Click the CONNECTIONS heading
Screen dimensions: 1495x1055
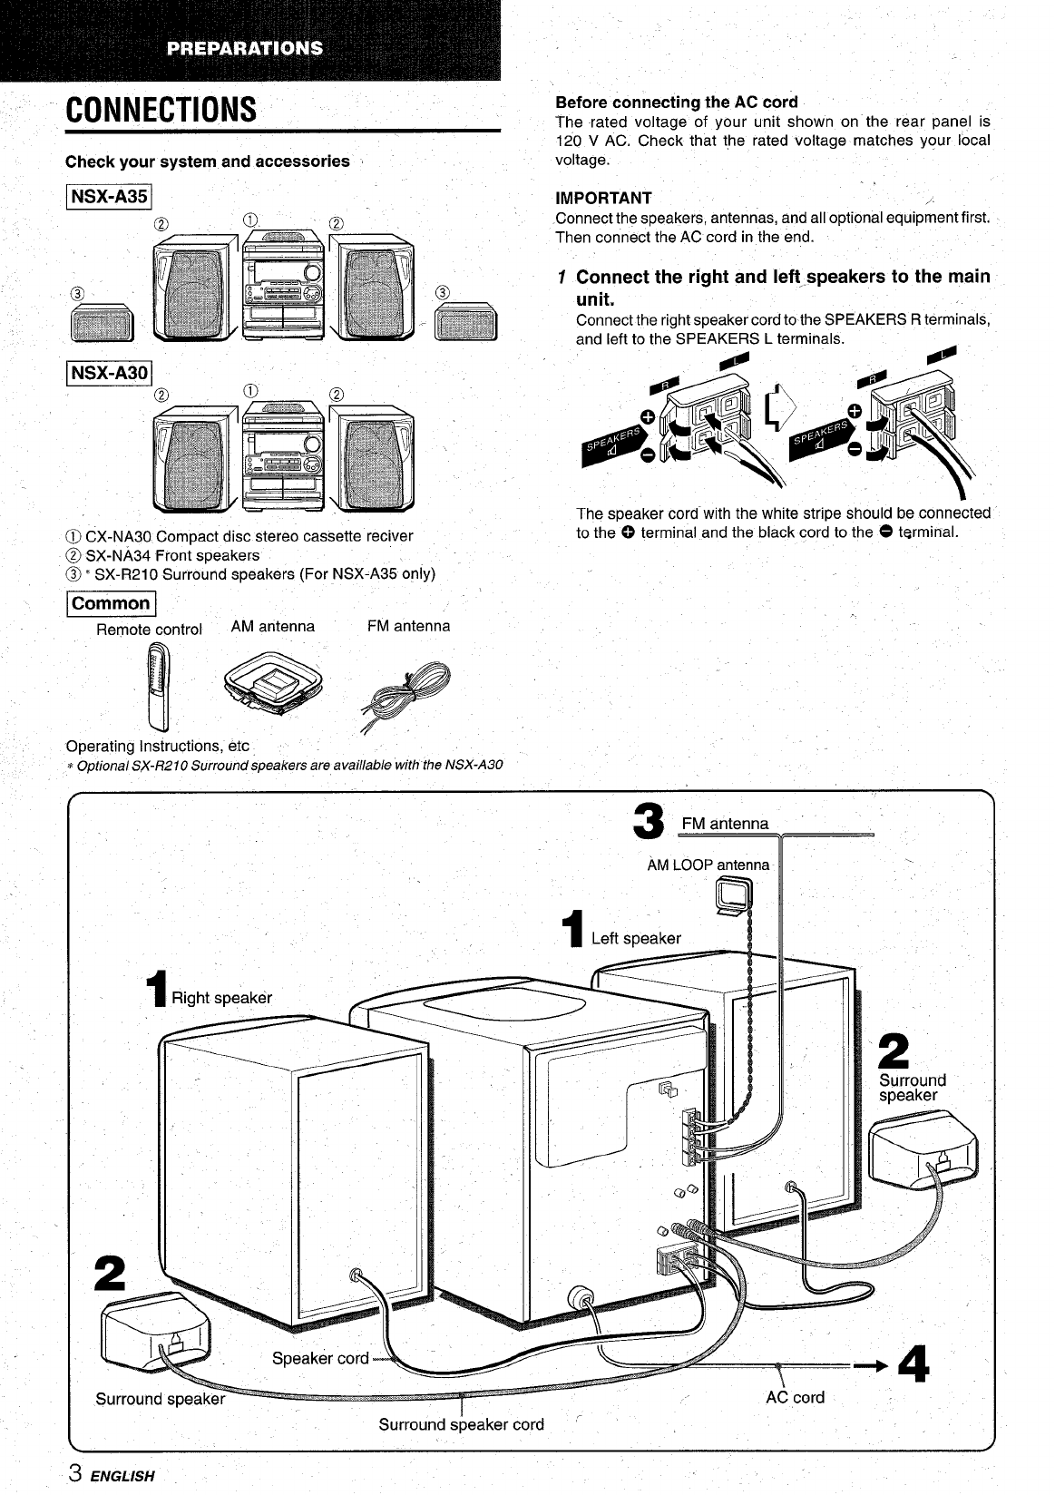[161, 110]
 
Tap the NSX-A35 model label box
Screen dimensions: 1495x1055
[109, 196]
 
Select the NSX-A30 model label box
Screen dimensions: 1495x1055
[109, 373]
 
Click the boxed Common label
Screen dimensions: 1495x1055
[111, 603]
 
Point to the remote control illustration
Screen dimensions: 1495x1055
[158, 686]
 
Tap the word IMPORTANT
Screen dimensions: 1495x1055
[603, 198]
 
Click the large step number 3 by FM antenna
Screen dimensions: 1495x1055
[650, 822]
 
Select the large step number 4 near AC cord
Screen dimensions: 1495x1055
[913, 1363]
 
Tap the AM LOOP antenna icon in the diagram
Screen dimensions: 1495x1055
[730, 898]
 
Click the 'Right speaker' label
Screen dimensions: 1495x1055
[221, 998]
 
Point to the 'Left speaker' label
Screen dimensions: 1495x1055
[636, 938]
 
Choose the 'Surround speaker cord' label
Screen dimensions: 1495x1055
[461, 1424]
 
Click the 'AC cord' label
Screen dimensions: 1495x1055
[795, 1397]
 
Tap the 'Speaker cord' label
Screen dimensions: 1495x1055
[320, 1358]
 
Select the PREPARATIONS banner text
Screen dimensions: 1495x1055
[245, 48]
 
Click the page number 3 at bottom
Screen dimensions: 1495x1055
[76, 1471]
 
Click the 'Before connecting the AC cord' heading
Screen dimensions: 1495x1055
[676, 103]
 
